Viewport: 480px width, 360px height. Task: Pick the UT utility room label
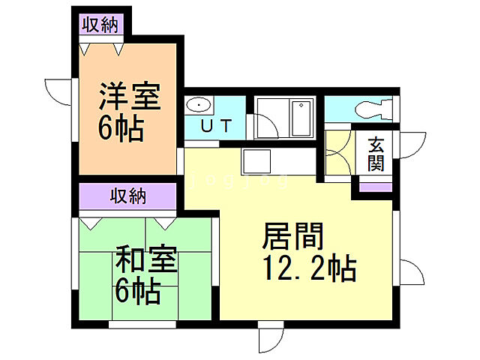click(214, 125)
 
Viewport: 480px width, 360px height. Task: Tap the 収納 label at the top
click(100, 25)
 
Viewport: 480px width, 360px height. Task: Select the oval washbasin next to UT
click(199, 104)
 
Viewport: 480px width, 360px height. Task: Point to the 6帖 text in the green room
click(137, 290)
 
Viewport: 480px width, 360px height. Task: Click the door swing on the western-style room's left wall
click(57, 94)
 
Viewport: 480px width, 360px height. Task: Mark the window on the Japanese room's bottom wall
click(142, 325)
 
